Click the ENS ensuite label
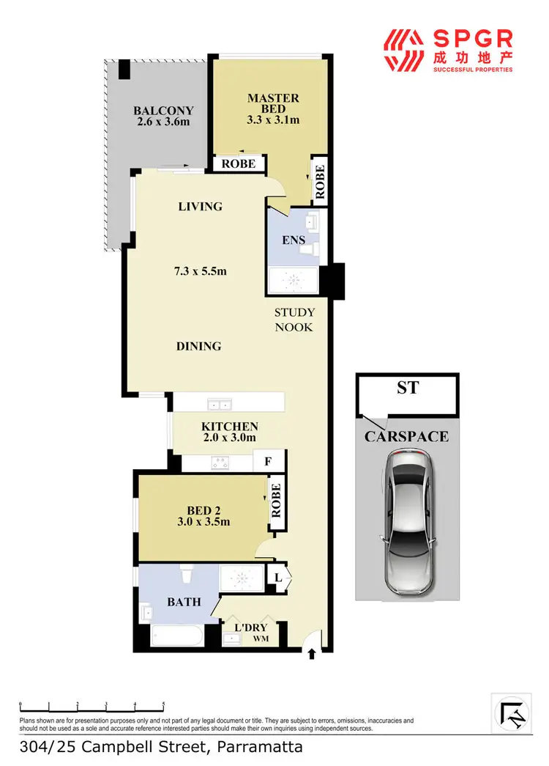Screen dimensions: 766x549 click(294, 240)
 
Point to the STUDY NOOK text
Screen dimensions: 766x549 click(294, 320)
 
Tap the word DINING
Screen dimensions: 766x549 click(198, 345)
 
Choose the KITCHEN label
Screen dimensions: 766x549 click(230, 427)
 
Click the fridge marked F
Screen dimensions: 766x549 click(268, 463)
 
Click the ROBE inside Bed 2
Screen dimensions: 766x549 click(276, 501)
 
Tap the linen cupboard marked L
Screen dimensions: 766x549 click(279, 577)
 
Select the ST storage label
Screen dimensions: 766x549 click(408, 387)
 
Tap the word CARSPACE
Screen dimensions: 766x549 click(407, 437)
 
